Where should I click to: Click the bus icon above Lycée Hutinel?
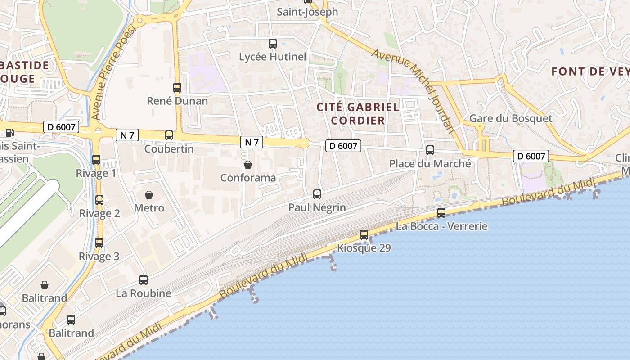coord(273,44)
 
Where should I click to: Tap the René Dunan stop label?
coord(177,101)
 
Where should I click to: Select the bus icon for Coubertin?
coord(169,135)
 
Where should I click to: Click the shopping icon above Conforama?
coord(247,165)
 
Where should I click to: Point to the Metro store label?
coord(149,208)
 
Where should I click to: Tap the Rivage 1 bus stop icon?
coord(96,160)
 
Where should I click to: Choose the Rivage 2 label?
coord(99,213)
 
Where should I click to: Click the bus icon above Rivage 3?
coord(99,243)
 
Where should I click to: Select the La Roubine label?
coord(144,293)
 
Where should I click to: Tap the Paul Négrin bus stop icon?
coord(317,194)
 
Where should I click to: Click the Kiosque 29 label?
coord(364,248)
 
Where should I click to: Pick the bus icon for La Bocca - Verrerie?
coord(441,213)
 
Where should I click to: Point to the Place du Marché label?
coord(430,164)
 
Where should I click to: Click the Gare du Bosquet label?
coord(510,118)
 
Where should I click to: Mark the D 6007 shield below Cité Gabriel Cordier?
coord(343,146)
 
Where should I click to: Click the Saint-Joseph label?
coord(307,12)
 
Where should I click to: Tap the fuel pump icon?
coord(9,132)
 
